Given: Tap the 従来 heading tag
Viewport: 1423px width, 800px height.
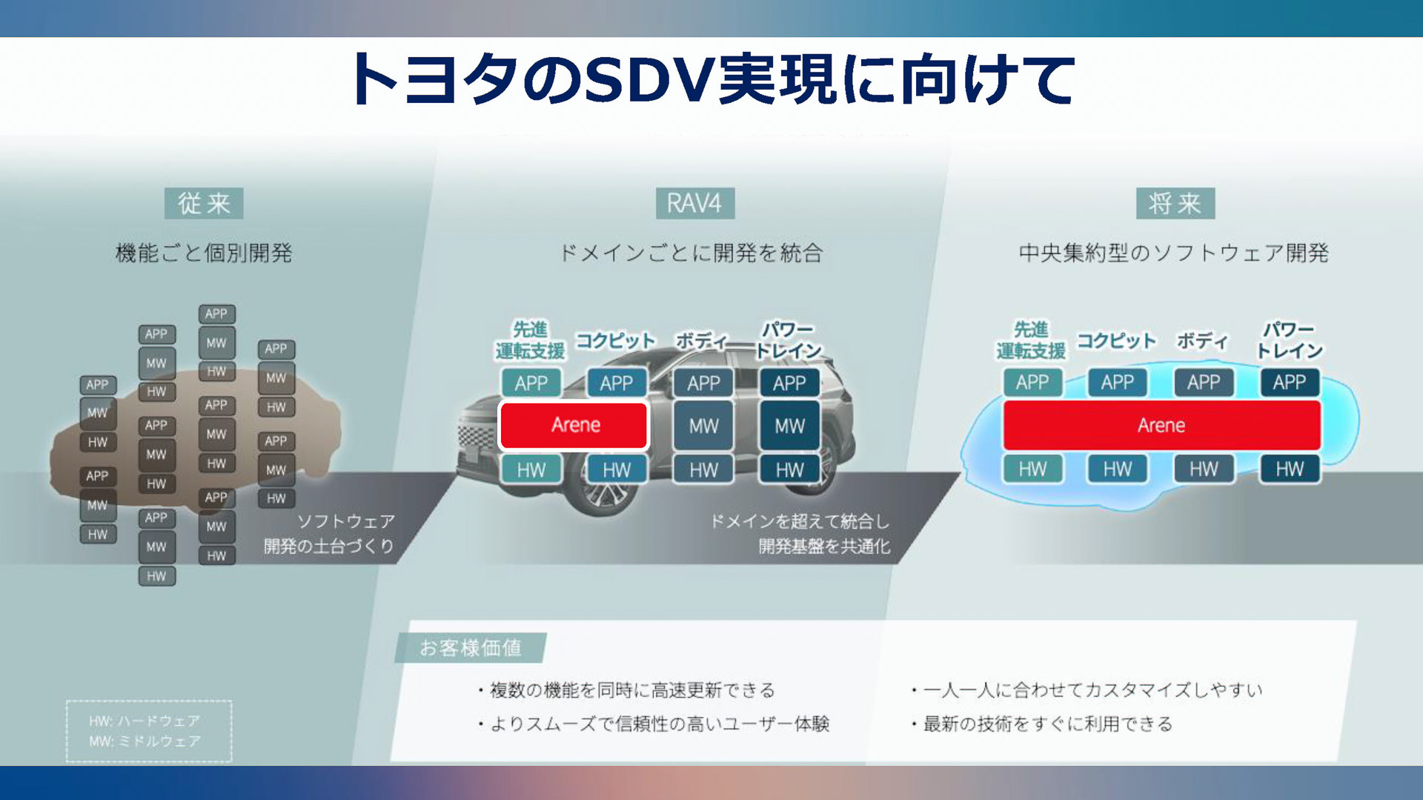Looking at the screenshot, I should (x=204, y=203).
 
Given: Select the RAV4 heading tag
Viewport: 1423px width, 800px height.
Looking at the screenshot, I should (x=694, y=203).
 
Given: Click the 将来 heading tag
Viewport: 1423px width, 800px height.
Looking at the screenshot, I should (x=1175, y=203).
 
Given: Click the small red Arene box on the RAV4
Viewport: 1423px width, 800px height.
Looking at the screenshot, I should (x=574, y=425).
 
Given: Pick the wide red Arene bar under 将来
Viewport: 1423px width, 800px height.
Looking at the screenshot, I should (x=1161, y=425).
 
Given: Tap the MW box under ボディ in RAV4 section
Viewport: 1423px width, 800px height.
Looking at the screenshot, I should (x=703, y=426).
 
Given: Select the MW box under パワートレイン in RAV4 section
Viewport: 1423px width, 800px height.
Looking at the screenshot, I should (x=789, y=426).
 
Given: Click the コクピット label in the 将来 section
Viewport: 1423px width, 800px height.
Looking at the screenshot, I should (x=1116, y=341).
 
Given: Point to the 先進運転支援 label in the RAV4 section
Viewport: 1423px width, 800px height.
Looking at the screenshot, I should (x=530, y=340).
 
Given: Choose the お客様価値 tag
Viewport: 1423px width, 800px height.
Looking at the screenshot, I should (x=471, y=648).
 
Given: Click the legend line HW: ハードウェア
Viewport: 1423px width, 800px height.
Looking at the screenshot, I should (x=145, y=721).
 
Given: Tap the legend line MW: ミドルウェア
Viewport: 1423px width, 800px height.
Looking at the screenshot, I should (x=145, y=741).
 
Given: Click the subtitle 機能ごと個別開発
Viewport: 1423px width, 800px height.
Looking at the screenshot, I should (x=204, y=253).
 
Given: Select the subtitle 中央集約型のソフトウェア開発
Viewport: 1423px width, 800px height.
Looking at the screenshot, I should (x=1173, y=253).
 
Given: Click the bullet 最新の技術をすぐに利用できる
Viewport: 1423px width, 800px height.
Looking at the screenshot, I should (x=1047, y=724).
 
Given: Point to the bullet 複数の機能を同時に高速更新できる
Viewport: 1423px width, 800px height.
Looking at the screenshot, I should (x=632, y=690).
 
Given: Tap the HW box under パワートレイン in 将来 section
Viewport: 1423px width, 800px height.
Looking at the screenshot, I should (x=1290, y=469).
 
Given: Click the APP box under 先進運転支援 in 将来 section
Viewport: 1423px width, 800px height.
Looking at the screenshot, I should (x=1032, y=382).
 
